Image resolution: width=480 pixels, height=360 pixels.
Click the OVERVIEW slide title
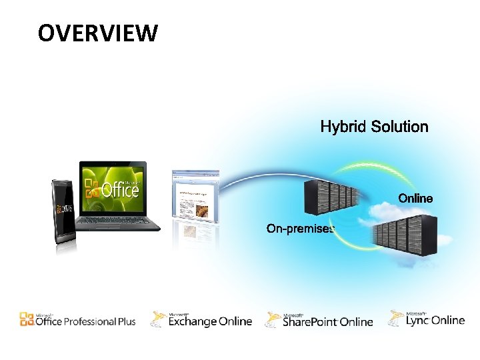(97, 32)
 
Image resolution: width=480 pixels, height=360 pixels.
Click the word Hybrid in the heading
(343, 127)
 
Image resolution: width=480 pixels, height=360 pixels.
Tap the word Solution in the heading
(399, 127)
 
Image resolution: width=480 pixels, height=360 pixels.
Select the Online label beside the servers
(415, 198)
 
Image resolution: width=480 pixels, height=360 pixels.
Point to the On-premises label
(301, 229)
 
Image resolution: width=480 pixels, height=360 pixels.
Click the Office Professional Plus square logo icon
(27, 319)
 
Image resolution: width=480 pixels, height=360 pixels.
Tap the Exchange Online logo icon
(159, 319)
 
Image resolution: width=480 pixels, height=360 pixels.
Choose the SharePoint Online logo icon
(273, 320)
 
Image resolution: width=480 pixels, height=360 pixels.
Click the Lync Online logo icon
(397, 318)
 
